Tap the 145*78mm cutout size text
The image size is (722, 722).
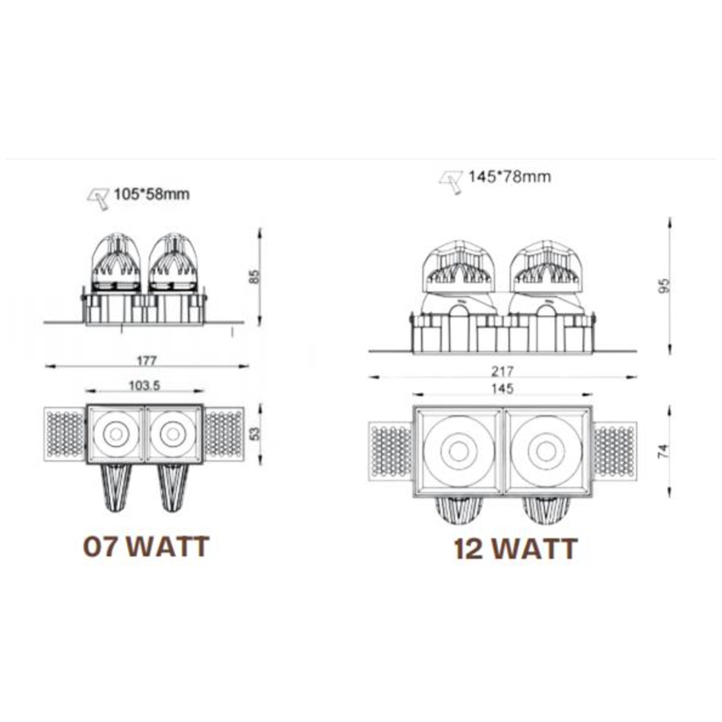pos(510,177)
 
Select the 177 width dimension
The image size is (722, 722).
pos(146,361)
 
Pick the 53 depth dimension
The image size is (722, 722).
pos(254,433)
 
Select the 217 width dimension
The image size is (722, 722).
pos(502,372)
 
